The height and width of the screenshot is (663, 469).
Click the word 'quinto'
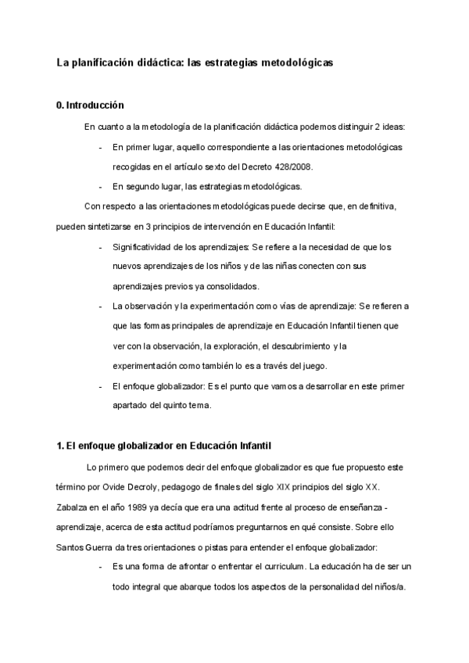click(x=185, y=406)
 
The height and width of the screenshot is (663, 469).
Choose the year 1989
click(x=136, y=507)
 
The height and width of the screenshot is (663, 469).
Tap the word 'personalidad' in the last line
click(x=324, y=586)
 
